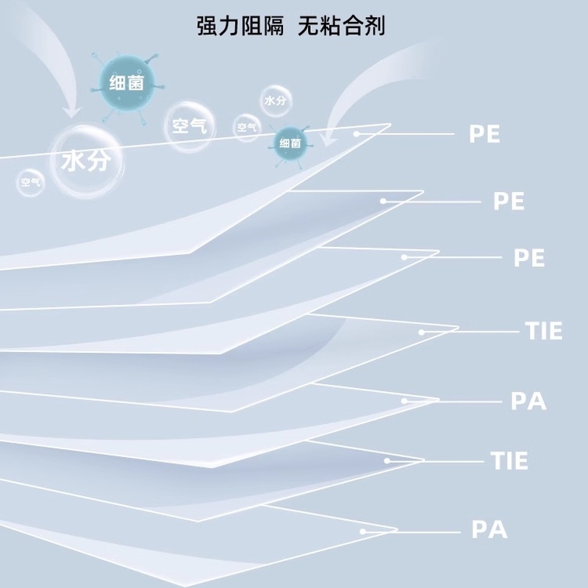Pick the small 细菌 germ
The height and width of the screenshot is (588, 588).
[290, 143]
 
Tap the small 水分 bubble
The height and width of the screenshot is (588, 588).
[274, 101]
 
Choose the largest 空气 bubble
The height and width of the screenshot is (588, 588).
[188, 126]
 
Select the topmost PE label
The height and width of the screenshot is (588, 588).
[484, 134]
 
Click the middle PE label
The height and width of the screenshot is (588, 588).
[509, 201]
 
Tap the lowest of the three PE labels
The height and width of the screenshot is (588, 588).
[528, 258]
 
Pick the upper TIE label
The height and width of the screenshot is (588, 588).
[544, 331]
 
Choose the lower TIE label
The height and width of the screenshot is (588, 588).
[509, 461]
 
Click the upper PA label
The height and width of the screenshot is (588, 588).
[528, 401]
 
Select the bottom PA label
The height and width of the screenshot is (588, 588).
[490, 529]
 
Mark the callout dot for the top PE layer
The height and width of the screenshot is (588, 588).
[356, 134]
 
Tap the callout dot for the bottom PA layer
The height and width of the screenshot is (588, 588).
[362, 530]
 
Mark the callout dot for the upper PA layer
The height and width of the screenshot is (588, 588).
[404, 401]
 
